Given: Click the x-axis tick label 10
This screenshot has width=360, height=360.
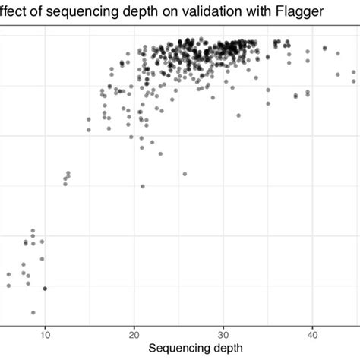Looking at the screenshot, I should coord(45,332).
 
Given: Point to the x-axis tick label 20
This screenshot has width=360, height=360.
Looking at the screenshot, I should coord(134,332).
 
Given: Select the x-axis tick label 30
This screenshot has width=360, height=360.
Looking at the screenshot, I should coord(223,332).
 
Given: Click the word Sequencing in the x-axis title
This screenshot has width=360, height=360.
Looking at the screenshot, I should coord(182,348).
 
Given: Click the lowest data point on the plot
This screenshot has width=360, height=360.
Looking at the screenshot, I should coord(33,312).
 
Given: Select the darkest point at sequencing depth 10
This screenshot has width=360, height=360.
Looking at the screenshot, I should coord(45,289).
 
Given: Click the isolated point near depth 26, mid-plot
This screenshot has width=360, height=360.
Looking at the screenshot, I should coord(185,174).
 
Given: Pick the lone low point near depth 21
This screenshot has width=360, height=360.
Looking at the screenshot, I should coord(143,186).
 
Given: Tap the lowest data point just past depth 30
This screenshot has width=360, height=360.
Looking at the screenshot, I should coord(238,115).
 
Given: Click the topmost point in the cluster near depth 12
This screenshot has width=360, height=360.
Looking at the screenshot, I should coord(68,173).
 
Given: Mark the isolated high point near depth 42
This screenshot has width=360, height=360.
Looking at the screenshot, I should coord(325,48).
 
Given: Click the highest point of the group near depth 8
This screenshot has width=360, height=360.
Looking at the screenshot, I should coord(33,230).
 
